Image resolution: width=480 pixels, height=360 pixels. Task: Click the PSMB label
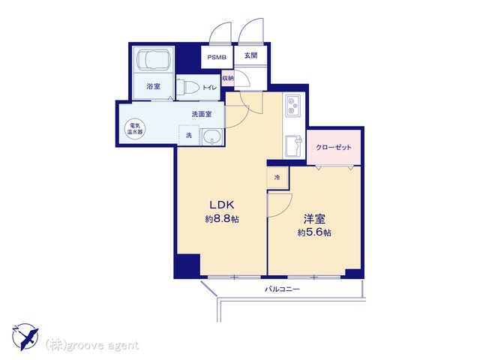[217, 57]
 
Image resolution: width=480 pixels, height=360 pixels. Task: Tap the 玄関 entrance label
[250, 55]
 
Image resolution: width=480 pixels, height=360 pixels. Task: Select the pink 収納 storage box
[228, 78]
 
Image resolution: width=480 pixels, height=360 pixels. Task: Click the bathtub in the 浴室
[153, 59]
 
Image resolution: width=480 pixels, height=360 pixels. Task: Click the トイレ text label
[209, 88]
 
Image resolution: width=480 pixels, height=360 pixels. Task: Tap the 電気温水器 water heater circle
[135, 128]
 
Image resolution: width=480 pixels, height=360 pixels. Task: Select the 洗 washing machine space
[189, 135]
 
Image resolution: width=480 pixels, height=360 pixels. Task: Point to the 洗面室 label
[202, 114]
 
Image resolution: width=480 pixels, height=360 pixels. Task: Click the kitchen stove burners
[293, 105]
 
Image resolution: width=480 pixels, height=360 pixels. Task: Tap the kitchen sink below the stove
[293, 146]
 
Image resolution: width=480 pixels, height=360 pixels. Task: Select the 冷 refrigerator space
[277, 178]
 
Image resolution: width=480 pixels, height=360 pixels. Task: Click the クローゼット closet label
[334, 147]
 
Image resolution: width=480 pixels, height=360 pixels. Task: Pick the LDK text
[222, 205]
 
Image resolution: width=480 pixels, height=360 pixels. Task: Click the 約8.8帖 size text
[222, 219]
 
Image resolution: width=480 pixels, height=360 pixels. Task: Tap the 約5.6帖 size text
[314, 232]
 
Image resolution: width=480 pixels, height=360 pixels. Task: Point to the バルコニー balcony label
[282, 289]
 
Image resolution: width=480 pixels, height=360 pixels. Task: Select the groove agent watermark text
[92, 345]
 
